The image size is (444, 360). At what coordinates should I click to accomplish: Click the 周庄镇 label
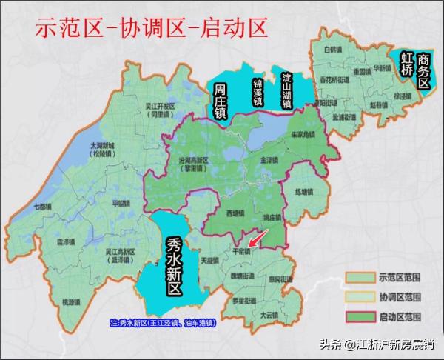tap(219, 101)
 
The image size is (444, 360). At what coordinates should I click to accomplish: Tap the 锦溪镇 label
tap(257, 89)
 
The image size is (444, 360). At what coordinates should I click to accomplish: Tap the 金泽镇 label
tap(269, 159)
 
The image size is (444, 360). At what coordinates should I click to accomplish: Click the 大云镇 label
tap(269, 314)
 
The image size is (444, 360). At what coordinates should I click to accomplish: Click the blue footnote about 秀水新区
tap(162, 323)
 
